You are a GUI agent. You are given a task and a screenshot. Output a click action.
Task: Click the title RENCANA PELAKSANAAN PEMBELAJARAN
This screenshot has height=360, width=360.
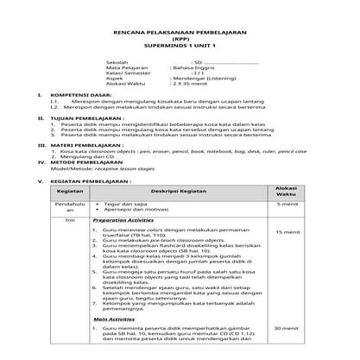(x=180, y=28)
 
